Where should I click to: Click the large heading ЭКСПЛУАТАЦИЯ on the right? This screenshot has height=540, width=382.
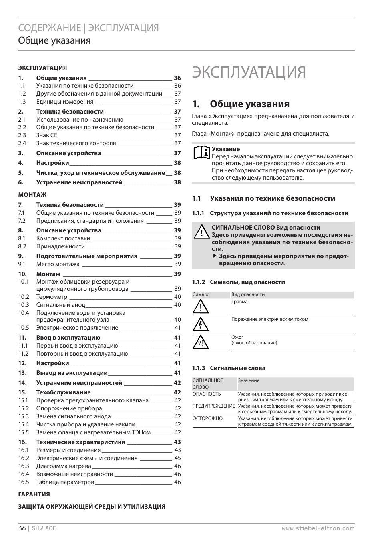pyautogui.click(x=249, y=72)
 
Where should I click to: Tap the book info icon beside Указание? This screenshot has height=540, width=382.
pyautogui.click(x=202, y=153)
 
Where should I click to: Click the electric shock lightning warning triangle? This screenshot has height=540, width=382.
pyautogui.click(x=201, y=324)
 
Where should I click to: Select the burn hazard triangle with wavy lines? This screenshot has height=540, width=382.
pyautogui.click(x=201, y=342)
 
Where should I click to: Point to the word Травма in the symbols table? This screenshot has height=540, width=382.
pyautogui.click(x=239, y=302)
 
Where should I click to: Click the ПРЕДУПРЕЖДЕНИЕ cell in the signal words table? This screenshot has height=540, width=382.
pyautogui.click(x=213, y=406)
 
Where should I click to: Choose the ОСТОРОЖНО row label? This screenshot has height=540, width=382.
pyautogui.click(x=207, y=418)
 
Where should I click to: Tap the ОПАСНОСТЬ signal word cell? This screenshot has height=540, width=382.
pyautogui.click(x=207, y=394)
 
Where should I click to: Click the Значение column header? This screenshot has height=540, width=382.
pyautogui.click(x=249, y=380)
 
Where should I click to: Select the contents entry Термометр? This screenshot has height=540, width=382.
pyautogui.click(x=52, y=297)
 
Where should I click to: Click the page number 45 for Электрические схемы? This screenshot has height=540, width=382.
pyautogui.click(x=177, y=458)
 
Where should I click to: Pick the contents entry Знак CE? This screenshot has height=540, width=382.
pyautogui.click(x=47, y=135)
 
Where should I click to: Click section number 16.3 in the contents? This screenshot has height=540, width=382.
pyautogui.click(x=24, y=466)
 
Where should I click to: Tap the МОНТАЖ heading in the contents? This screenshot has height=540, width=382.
pyautogui.click(x=32, y=195)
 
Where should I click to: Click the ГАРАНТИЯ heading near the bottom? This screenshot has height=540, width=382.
pyautogui.click(x=34, y=494)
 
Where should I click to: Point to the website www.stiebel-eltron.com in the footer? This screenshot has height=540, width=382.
pyautogui.click(x=318, y=528)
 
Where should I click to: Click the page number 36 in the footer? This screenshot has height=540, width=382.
pyautogui.click(x=22, y=528)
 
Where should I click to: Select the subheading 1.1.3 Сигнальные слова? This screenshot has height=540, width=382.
pyautogui.click(x=229, y=368)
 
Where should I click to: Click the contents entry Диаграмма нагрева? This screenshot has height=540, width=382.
pyautogui.click(x=64, y=466)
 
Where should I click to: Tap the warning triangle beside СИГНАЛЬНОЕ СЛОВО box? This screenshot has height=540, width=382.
pyautogui.click(x=202, y=232)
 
